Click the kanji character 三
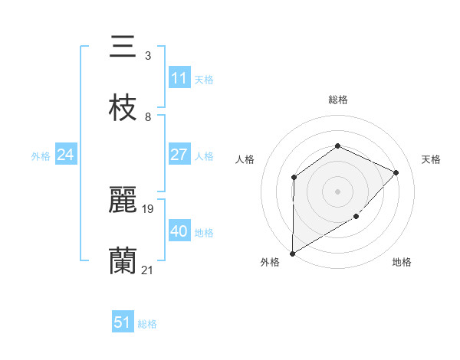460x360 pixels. (x=123, y=47)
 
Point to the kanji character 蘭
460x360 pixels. (x=123, y=261)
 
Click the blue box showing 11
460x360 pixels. (x=179, y=78)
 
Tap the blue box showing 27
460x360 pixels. (x=179, y=155)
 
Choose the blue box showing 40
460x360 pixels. (x=179, y=231)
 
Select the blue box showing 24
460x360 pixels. (x=66, y=155)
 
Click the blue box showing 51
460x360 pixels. (x=123, y=322)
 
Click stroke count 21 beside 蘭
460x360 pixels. (x=148, y=270)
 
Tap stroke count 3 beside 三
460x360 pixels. (x=147, y=56)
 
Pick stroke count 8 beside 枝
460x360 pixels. (x=147, y=117)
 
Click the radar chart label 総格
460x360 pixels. (x=337, y=100)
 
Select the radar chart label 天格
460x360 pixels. (x=431, y=159)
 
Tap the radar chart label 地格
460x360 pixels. (x=402, y=263)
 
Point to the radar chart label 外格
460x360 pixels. (x=270, y=263)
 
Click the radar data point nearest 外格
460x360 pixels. (x=292, y=253)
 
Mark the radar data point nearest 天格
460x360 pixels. (x=396, y=172)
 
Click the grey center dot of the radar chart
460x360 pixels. (x=337, y=191)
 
